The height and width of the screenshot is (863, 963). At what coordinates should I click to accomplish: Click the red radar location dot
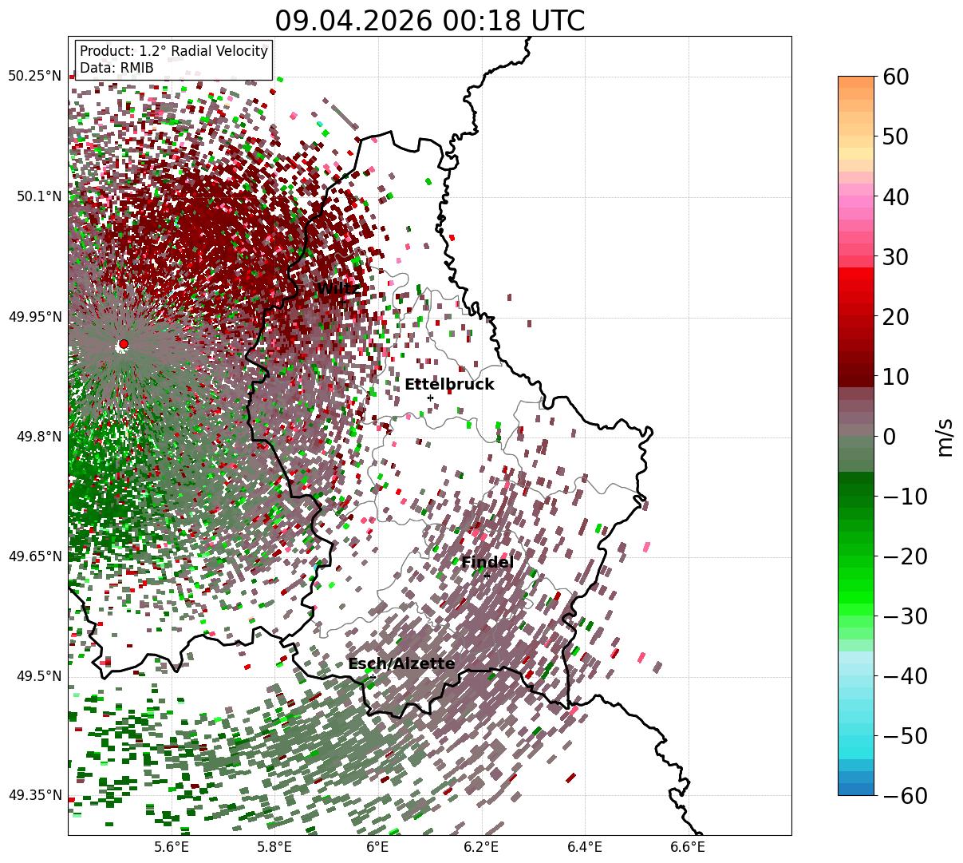coord(124,344)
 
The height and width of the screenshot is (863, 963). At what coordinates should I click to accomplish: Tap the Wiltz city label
coord(337,288)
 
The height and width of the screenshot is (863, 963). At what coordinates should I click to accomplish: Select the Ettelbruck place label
coord(449,384)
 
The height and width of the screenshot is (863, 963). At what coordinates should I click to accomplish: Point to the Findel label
coord(487,562)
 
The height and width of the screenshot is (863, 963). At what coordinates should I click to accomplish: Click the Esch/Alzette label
coord(401,663)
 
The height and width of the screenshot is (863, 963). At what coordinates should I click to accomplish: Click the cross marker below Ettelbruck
coord(430,398)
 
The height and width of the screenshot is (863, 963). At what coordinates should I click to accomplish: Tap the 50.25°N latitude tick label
coord(34,76)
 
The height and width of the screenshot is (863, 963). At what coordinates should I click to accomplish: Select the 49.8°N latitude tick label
coord(39,437)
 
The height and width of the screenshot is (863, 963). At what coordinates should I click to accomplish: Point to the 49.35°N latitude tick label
coord(34,795)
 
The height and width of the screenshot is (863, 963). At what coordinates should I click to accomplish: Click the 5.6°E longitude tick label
coord(172,847)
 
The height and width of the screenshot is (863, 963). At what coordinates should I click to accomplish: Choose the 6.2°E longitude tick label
coord(482,847)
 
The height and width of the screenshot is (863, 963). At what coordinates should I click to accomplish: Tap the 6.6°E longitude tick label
coord(688,847)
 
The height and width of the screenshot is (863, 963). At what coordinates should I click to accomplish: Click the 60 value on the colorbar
coord(895,77)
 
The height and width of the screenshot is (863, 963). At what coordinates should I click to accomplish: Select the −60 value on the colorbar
coord(906,795)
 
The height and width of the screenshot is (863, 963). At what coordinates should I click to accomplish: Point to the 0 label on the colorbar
coord(890,437)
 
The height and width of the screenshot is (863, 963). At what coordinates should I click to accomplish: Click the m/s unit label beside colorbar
coord(945,437)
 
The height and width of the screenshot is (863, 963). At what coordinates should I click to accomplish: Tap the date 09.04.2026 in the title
coord(353,21)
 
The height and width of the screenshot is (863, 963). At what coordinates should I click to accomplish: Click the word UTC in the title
coord(558,21)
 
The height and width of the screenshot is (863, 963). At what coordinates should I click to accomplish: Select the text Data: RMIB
coord(116,68)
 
